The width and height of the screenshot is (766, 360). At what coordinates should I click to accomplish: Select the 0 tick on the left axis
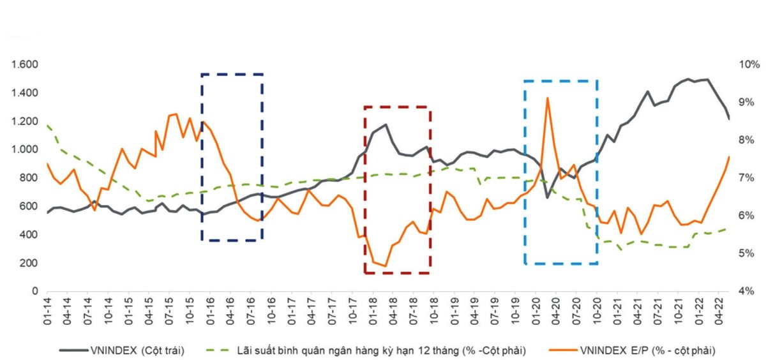pos(35,291)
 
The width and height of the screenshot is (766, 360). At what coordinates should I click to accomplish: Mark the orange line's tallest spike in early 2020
pos(547,98)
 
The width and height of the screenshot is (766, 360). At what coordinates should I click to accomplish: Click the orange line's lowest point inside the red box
pos(385,266)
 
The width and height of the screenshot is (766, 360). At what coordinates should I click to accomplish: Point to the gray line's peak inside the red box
pos(386,124)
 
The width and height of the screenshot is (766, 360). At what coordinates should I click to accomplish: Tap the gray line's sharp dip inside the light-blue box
pos(547,197)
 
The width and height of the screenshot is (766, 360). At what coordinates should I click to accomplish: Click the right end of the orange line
pos(729,157)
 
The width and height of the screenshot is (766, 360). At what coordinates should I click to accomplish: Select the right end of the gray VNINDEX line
pos(729,119)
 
